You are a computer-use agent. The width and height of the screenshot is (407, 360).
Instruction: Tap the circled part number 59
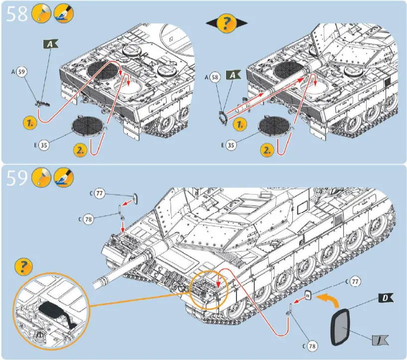pos(21,72)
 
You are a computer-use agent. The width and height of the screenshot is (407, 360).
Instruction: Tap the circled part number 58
pos(215,78)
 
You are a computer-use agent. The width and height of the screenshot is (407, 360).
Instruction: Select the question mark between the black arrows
pos(227,23)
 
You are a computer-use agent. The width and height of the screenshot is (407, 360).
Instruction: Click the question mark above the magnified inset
pos(24,267)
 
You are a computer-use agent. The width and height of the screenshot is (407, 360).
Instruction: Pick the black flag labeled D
pos(384,298)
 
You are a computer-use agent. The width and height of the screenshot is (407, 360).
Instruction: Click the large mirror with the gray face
pos(342,327)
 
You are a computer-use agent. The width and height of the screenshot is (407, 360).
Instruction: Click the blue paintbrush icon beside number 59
pos(62,177)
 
